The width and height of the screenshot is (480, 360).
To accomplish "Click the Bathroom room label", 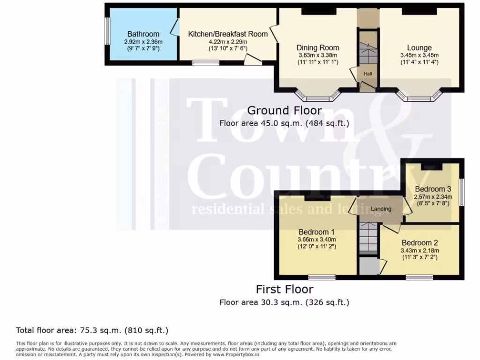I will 143,34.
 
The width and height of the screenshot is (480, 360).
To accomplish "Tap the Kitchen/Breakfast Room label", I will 228,34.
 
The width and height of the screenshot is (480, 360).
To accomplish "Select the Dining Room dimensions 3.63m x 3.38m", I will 317,55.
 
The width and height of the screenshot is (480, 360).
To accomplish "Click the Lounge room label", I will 419,48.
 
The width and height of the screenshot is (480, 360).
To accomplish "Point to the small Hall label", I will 368,74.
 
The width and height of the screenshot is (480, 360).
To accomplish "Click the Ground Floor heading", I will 284,111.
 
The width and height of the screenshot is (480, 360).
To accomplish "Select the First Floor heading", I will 284,289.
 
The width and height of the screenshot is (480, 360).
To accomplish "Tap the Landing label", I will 381,209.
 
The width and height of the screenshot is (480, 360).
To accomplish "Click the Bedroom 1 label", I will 316,232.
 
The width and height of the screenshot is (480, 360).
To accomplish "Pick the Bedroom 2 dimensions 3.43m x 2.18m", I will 420,251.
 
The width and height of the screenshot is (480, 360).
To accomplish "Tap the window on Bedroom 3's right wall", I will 462,192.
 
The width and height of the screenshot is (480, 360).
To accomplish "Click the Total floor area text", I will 92,330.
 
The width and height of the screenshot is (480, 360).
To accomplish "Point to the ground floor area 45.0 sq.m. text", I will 284,123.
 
